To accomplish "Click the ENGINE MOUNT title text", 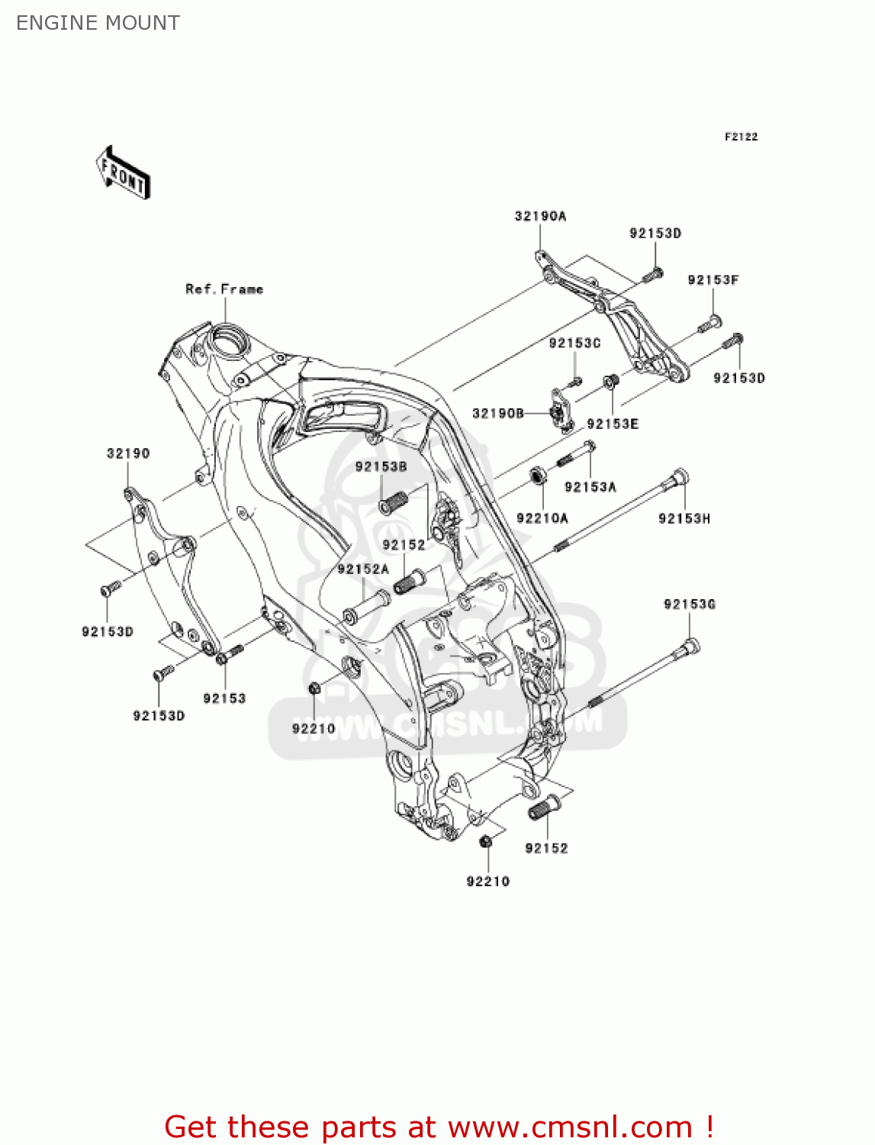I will tap(98, 23).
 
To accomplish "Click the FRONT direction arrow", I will tap(123, 173).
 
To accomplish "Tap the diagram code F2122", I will tap(741, 137).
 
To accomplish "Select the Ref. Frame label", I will tap(224, 289).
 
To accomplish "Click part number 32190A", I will tap(540, 216).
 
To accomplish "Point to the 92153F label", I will tap(713, 280).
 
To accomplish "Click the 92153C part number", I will tap(574, 343).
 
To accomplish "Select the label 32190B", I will tap(497, 414).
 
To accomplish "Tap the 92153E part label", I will tap(613, 424).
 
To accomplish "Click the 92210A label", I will tap(542, 518).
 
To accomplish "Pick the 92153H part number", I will tap(684, 518).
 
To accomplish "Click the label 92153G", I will tap(689, 605).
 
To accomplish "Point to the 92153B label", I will tap(381, 466).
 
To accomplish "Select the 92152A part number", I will tap(363, 569).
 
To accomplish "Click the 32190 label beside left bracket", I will tap(128, 453).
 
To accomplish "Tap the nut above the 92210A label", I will tap(539, 477).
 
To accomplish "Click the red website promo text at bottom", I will tap(439, 1127).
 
